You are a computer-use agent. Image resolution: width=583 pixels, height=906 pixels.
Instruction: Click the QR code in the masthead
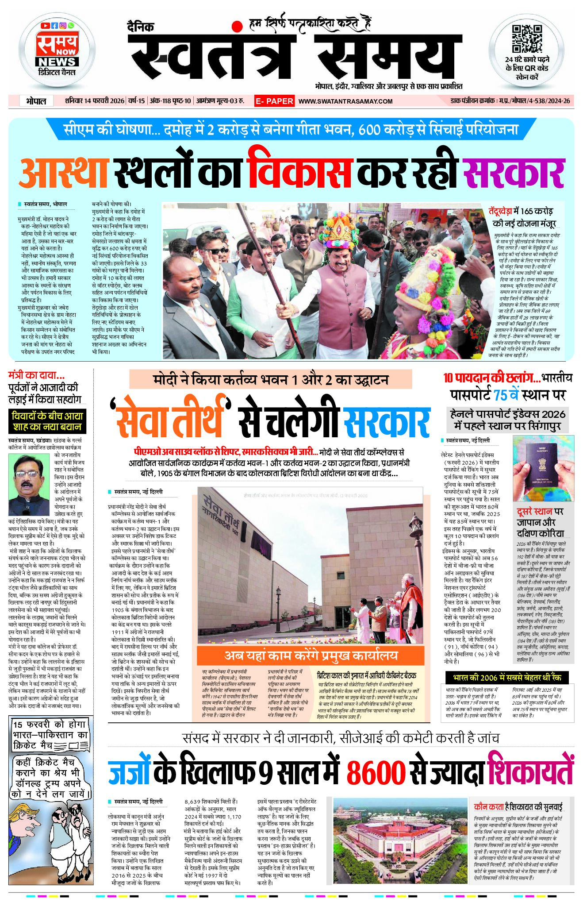[x=527, y=39]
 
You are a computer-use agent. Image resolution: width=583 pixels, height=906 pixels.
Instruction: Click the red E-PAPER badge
[x=274, y=101]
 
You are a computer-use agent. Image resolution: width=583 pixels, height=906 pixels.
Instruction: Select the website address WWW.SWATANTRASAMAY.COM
[x=345, y=101]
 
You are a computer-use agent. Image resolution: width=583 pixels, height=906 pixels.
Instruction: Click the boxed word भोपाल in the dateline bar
[x=36, y=101]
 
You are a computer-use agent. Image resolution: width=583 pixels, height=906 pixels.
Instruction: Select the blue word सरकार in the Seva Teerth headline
[x=386, y=423]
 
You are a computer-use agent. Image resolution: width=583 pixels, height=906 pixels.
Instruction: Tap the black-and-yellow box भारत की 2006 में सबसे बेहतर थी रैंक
[x=507, y=678]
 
